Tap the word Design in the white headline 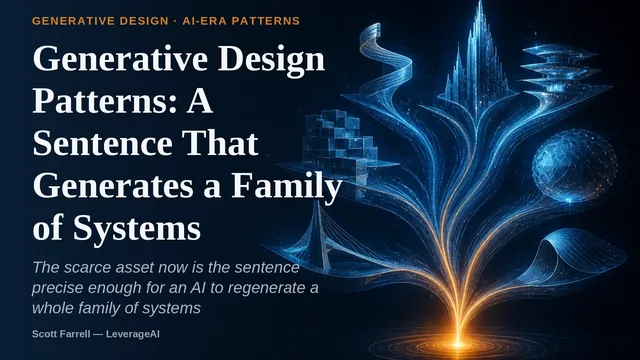271,60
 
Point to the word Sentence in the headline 102,143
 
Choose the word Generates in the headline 113,186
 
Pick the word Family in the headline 287,186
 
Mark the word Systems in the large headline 137,228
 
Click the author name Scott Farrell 61,334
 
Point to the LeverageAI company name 133,334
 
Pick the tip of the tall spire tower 480,1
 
